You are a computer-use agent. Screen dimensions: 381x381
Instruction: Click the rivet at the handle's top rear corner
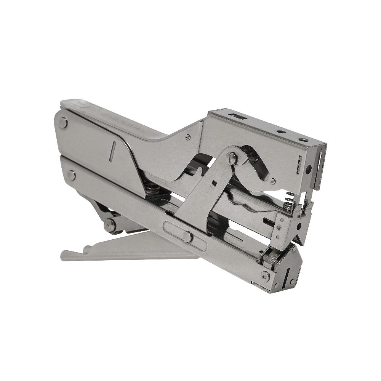point(63,122)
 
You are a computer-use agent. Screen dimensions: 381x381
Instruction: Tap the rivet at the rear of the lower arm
point(71,175)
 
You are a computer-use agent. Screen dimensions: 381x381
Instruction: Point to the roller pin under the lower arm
point(110,225)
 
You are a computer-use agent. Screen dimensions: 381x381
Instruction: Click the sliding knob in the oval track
point(187,237)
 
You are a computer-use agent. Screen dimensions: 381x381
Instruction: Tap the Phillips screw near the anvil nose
point(265,276)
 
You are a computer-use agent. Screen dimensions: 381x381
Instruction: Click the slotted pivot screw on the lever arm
point(233,157)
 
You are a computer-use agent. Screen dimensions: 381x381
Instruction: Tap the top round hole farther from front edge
point(281,132)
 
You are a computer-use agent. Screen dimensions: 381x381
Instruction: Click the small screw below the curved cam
point(273,182)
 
